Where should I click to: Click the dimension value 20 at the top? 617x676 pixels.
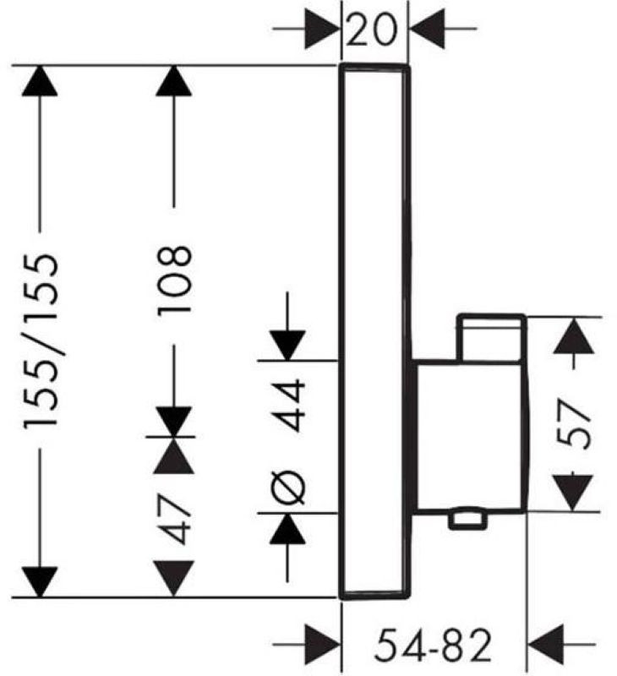point(371,30)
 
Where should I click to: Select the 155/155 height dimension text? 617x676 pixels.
point(40,341)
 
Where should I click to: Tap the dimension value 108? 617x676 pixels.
point(174,281)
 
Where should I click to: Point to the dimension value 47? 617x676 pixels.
point(173,519)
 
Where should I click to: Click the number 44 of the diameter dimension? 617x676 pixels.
point(288,405)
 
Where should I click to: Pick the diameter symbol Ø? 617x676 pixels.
point(288,488)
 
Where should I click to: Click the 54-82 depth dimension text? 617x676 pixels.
point(433,645)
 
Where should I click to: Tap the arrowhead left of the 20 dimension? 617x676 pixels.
point(322,30)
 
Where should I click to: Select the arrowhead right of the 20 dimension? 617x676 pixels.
point(427,30)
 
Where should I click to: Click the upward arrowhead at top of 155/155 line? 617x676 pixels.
point(40,80)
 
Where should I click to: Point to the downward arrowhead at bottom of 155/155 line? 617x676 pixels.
point(40,582)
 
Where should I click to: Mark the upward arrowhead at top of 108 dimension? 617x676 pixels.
point(174,80)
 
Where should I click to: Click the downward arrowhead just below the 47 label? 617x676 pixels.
point(173,579)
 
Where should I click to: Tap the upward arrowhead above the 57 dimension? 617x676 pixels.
point(573,335)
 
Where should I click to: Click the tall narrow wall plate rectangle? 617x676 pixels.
point(374,331)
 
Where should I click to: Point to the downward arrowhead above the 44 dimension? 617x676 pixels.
point(287,346)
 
